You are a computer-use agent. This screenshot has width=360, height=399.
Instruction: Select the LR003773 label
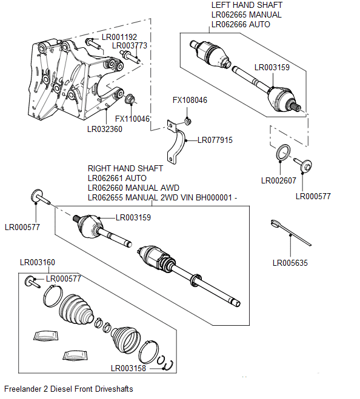(129, 46)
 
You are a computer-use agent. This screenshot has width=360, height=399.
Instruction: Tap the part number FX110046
(132, 119)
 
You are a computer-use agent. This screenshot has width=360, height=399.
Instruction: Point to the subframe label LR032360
(104, 128)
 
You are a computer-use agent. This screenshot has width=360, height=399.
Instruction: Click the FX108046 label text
(190, 101)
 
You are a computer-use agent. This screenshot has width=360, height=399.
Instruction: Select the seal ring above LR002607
(282, 154)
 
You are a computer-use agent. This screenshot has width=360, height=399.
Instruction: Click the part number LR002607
(278, 180)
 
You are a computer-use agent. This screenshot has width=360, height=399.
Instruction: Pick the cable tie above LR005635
(290, 232)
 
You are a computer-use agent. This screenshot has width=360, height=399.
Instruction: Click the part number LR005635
(291, 263)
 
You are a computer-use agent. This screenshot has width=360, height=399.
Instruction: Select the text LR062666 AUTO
(240, 25)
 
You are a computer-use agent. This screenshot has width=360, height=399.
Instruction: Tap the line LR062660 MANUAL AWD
(133, 188)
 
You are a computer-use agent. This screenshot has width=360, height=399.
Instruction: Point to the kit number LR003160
(37, 262)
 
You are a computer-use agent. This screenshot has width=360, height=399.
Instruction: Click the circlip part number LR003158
(128, 368)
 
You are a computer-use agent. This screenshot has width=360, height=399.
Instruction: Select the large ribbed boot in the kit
(73, 308)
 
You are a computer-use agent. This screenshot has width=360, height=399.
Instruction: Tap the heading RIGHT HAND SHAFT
(125, 168)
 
